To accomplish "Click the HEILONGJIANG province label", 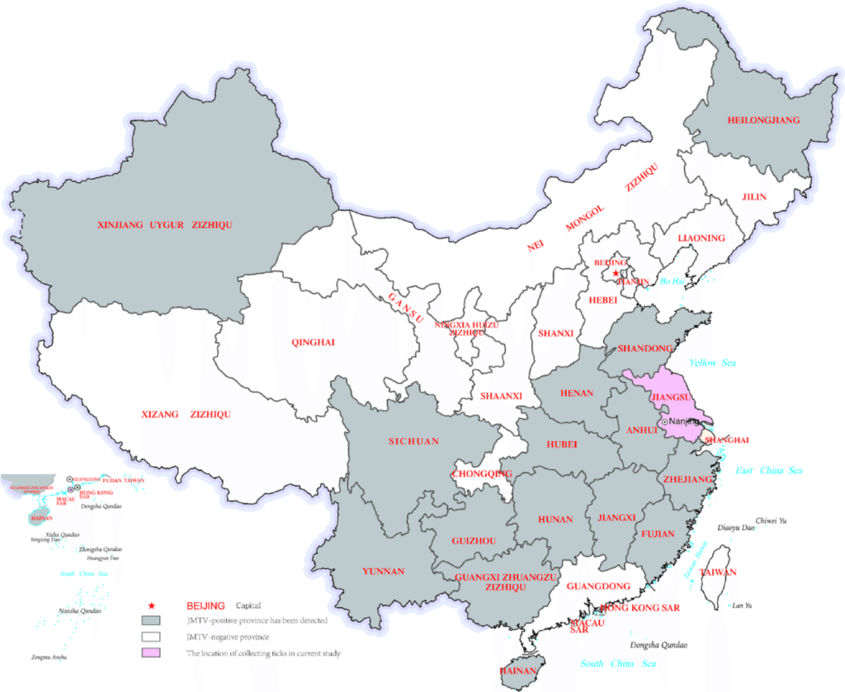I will (763, 120).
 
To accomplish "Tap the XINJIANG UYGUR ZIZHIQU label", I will (165, 224).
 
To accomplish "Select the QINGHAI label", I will (314, 342).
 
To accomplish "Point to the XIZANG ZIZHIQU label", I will (186, 414).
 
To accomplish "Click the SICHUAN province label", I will (413, 441).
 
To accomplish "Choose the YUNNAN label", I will (383, 571).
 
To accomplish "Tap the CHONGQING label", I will (483, 473).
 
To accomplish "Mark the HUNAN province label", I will (555, 520).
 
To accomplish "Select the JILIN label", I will (754, 197).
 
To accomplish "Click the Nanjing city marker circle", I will (664, 421).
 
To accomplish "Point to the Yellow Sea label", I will (714, 363).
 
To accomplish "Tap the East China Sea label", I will (769, 470).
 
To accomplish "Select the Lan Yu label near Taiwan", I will (742, 606).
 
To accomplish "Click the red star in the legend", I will (150, 605).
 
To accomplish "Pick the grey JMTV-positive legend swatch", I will (150, 620).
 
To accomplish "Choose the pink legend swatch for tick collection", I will (150, 653).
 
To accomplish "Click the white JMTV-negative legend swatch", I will (150, 637).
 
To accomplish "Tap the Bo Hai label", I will (673, 282).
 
